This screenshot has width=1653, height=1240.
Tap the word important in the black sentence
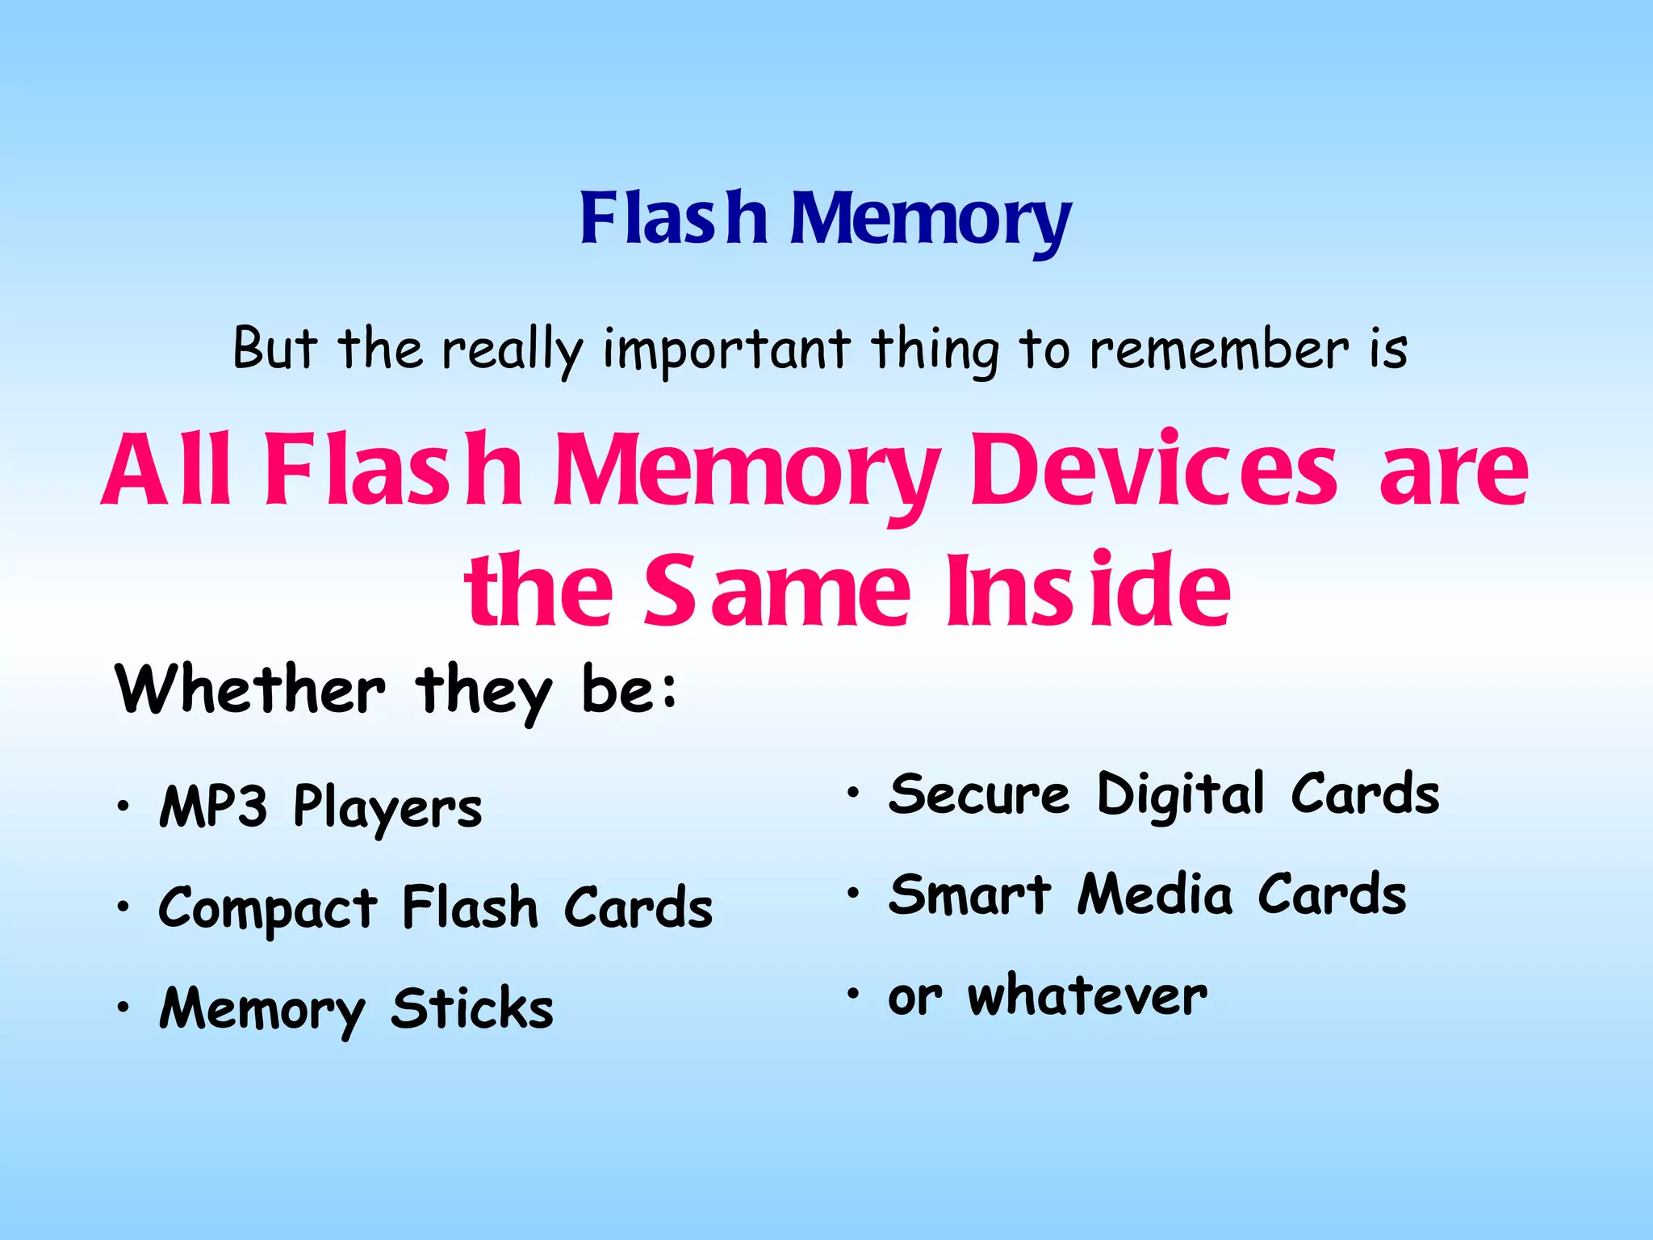726,350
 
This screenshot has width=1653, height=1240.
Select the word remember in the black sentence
1219,350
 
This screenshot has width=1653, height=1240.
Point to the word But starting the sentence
274,349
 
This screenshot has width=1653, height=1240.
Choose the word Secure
979,794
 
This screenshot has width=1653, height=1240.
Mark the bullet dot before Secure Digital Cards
853,794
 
